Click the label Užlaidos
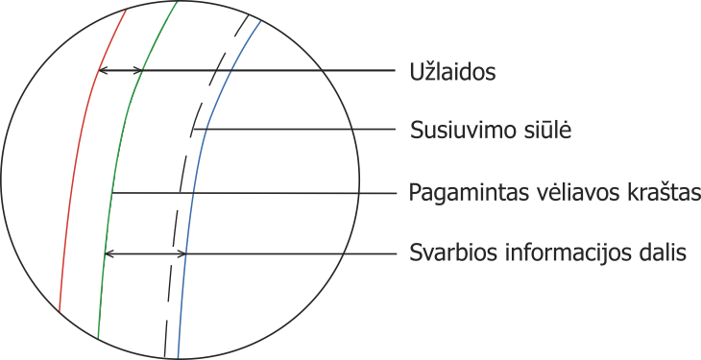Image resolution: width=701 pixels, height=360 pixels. (452, 72)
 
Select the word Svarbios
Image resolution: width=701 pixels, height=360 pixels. (447, 252)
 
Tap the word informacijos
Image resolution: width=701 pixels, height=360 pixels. (562, 253)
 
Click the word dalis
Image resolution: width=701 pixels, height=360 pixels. (663, 252)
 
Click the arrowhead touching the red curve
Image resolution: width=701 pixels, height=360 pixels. (102, 70)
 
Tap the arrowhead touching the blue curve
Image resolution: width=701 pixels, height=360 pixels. (181, 254)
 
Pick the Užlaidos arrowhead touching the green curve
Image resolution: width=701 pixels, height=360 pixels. (138, 70)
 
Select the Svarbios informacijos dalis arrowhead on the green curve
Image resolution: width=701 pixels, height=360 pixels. (109, 254)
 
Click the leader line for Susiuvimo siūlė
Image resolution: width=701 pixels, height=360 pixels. (294, 130)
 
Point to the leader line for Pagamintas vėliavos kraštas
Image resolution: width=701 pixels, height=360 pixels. (254, 193)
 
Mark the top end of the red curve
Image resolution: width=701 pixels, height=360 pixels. (127, 10)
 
